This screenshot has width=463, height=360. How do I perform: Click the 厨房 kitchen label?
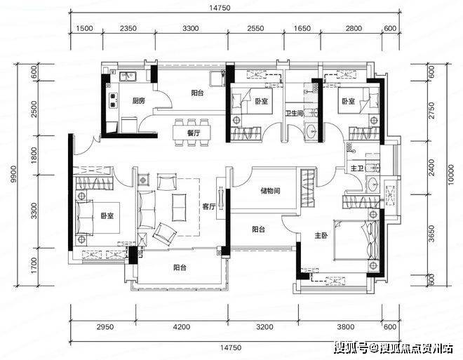coord(138,101)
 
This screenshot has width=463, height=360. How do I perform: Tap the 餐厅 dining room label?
coord(194,133)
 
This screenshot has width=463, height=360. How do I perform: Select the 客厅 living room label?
coord(209,206)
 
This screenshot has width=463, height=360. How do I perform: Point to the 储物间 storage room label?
coord(270,191)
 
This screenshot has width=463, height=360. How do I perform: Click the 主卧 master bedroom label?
coord(321,236)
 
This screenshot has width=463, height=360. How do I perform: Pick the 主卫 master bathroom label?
coord(356,168)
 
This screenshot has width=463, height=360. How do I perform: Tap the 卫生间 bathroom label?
coord(294,113)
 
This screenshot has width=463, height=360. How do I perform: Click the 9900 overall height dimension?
coord(13,174)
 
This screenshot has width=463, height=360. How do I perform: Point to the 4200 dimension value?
coord(182,327)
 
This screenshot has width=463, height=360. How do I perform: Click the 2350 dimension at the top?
coord(128,28)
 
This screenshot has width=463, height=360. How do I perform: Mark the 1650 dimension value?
coord(302,28)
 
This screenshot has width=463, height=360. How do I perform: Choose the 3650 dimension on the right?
coord(431,234)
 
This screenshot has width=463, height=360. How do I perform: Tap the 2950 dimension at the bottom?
coord(105,327)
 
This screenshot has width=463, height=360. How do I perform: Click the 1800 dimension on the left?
coord(34,155)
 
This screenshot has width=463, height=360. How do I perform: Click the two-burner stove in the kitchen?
coord(113,100)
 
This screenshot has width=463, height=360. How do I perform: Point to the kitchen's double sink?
coord(128,76)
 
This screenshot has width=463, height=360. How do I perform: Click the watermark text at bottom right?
coord(394,348)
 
